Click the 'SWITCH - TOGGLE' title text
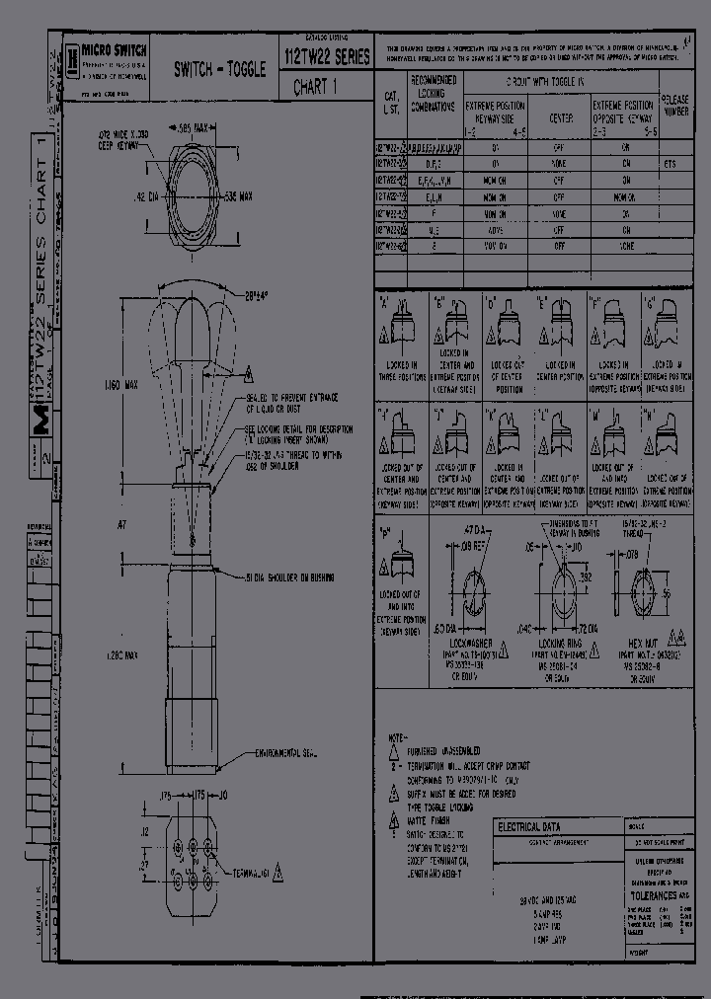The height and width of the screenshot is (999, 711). tap(220, 69)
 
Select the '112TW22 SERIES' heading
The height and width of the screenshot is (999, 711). tap(327, 58)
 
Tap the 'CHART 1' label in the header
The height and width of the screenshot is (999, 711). tap(315, 87)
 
